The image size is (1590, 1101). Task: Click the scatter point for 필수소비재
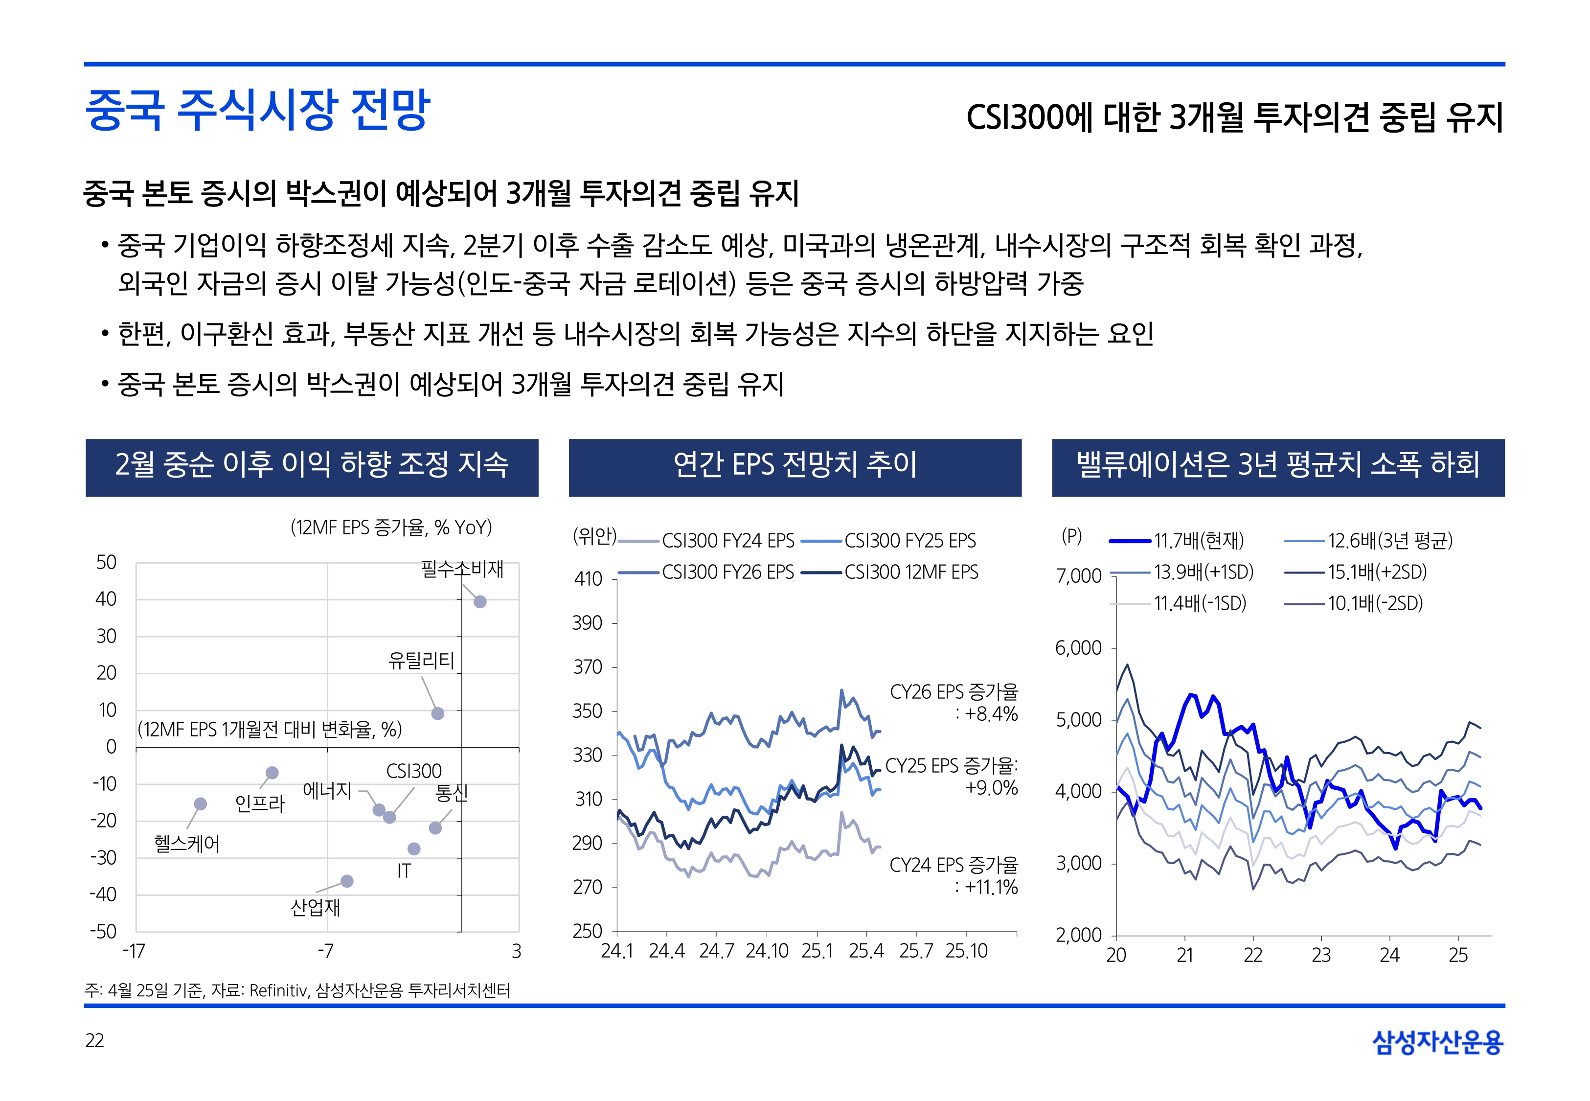pos(480,601)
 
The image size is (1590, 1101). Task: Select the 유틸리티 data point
pos(437,713)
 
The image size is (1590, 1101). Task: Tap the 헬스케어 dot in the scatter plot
pos(201,803)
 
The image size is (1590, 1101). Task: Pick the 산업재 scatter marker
pos(347,881)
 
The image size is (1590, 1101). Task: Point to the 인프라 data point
pos(273,773)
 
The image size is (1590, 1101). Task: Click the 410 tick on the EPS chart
pos(588,579)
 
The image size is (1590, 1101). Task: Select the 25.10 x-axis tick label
pos(966,951)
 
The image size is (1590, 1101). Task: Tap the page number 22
pos(94,1040)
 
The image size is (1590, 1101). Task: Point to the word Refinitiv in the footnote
pos(278,990)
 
